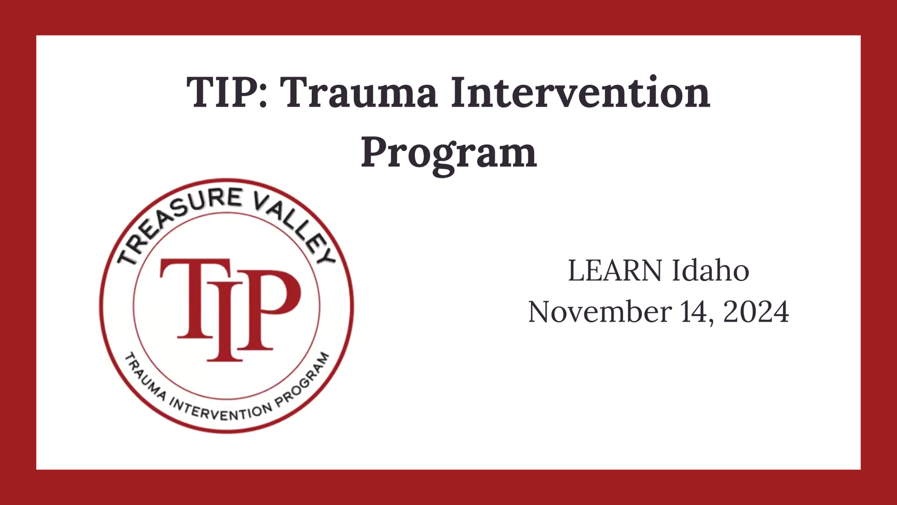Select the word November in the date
click(600, 311)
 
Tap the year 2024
click(756, 311)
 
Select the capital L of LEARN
click(577, 271)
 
